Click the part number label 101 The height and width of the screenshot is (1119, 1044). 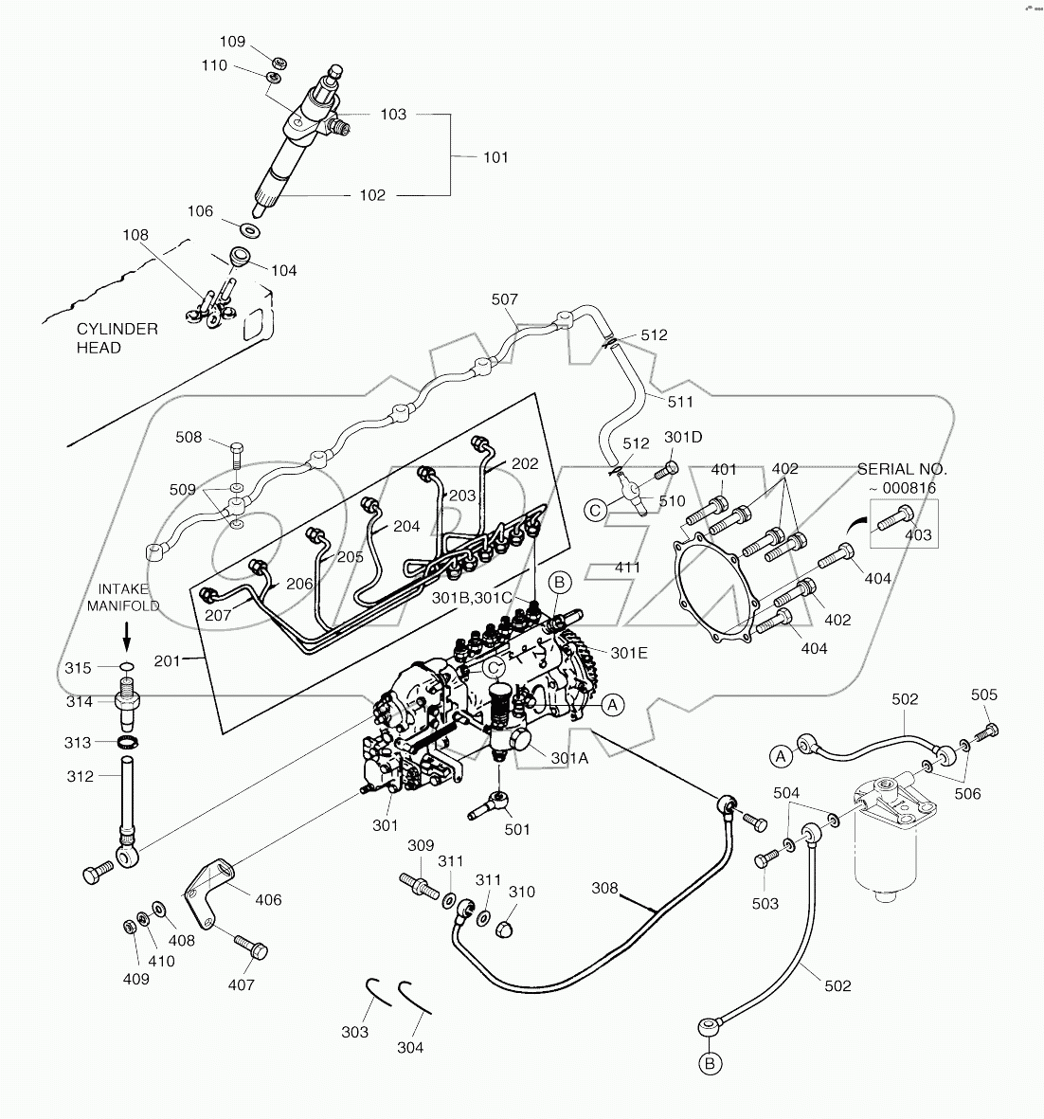[495, 157]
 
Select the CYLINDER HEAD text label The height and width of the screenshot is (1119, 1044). [117, 338]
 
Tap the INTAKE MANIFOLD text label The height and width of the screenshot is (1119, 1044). [124, 598]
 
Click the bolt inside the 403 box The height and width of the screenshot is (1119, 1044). [893, 516]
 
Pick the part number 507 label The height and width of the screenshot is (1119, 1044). [505, 299]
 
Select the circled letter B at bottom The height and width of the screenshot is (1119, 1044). [711, 1064]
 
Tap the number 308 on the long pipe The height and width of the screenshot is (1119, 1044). [604, 889]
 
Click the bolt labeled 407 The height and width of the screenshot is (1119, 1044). [248, 946]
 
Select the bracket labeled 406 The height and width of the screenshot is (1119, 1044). [210, 889]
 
